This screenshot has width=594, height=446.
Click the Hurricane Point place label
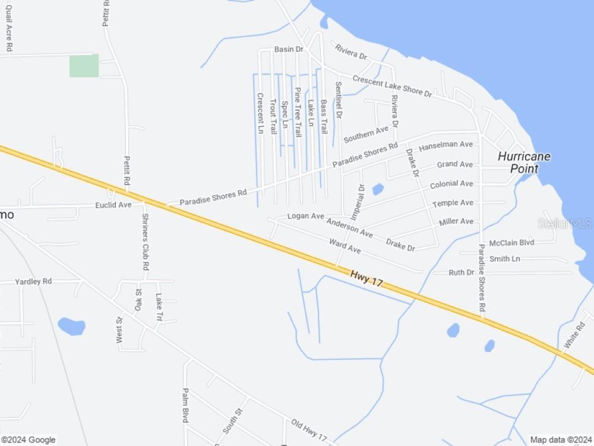click(523, 162)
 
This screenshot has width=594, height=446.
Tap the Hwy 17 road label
click(366, 278)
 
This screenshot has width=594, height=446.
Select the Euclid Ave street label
click(113, 205)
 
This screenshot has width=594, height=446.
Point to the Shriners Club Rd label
click(144, 241)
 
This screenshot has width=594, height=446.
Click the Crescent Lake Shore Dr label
click(391, 86)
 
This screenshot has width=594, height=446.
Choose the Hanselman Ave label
click(445, 145)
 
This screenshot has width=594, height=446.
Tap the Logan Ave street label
click(305, 216)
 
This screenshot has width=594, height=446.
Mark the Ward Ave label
click(345, 245)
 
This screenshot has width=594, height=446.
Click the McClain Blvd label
click(511, 243)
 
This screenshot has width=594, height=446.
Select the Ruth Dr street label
click(461, 272)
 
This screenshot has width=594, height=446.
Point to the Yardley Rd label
click(33, 281)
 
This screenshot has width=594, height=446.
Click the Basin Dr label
click(289, 49)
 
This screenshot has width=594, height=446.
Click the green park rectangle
click(84, 65)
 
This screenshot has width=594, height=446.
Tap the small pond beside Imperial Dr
click(378, 190)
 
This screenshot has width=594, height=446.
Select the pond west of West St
click(71, 326)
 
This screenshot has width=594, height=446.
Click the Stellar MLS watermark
click(564, 224)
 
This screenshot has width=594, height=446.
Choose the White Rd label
click(574, 335)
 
